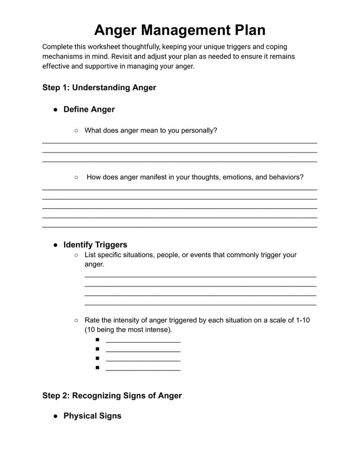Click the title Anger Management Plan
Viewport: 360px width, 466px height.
pyautogui.click(x=180, y=30)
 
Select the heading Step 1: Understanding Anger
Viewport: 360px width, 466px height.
pyautogui.click(x=99, y=87)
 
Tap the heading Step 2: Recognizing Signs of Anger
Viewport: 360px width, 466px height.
pyautogui.click(x=112, y=395)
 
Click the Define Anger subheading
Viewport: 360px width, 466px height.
pyautogui.click(x=89, y=109)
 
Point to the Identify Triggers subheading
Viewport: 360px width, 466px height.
pyautogui.click(x=95, y=245)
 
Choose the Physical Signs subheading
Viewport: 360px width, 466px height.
pyautogui.click(x=92, y=416)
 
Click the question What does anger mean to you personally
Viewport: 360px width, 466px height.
pyautogui.click(x=151, y=131)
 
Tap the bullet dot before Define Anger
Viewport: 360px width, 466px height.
pyautogui.click(x=55, y=110)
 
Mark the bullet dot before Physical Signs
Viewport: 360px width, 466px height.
pyautogui.click(x=55, y=416)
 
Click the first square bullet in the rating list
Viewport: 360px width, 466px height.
pyautogui.click(x=97, y=340)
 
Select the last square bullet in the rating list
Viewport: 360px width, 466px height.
pyautogui.click(x=97, y=368)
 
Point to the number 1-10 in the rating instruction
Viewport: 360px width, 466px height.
pyautogui.click(x=302, y=320)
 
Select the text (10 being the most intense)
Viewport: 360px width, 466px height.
pyautogui.click(x=128, y=330)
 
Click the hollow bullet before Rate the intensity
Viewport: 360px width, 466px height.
pyautogui.click(x=76, y=320)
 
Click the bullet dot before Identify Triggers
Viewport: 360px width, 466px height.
pyautogui.click(x=55, y=245)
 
